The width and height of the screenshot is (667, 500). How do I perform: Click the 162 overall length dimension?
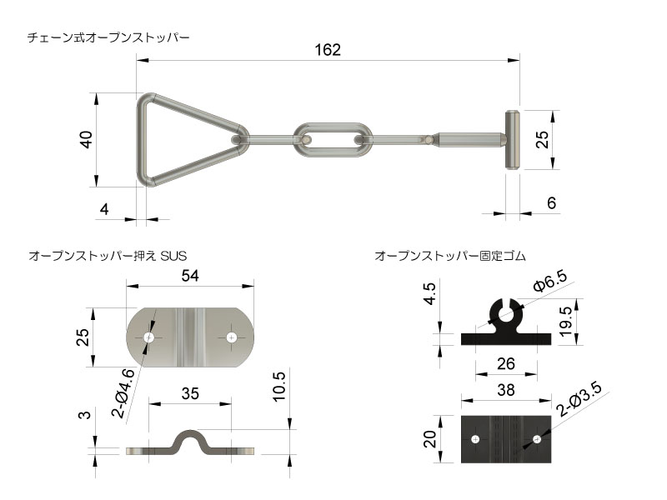click(x=328, y=49)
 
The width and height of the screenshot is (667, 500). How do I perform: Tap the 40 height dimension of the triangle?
click(x=84, y=139)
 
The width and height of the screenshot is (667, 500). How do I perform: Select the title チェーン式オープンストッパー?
click(x=108, y=37)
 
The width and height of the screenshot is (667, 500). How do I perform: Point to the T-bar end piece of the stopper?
click(x=512, y=140)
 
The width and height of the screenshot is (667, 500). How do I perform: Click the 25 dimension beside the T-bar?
click(x=543, y=139)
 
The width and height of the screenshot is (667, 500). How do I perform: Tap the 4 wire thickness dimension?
click(x=103, y=209)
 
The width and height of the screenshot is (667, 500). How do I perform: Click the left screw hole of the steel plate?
click(x=149, y=337)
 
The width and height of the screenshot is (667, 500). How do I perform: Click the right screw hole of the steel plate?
click(x=231, y=337)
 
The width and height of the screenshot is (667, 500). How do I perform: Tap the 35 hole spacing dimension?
click(x=190, y=394)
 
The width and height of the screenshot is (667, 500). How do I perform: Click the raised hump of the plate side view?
click(x=190, y=439)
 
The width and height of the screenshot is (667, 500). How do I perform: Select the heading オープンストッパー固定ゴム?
click(x=450, y=255)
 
